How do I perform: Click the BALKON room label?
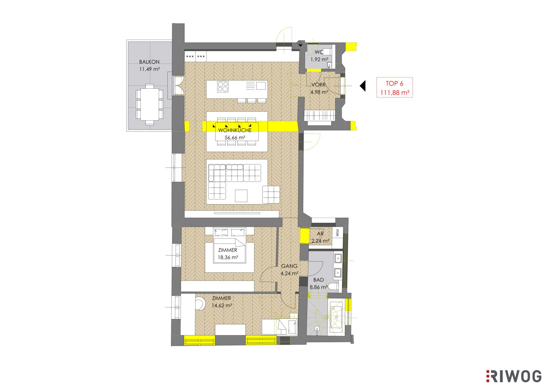click(x=149, y=62)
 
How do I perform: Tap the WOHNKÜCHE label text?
click(x=235, y=130)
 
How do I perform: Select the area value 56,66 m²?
click(x=235, y=138)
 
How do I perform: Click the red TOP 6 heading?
click(x=394, y=83)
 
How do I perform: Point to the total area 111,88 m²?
click(x=395, y=93)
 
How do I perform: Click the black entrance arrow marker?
click(x=363, y=86)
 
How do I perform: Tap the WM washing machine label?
click(x=338, y=233)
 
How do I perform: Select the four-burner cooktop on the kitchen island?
click(x=223, y=86)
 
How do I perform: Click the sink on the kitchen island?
click(x=261, y=86)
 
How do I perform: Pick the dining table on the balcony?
click(x=150, y=104)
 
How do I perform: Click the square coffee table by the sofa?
click(x=241, y=196)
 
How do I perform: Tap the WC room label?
click(x=319, y=52)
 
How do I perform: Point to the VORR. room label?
click(x=319, y=85)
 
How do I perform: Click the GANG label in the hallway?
click(x=289, y=266)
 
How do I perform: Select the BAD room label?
click(x=318, y=280)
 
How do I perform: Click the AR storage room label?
click(x=320, y=233)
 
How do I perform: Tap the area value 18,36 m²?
click(x=228, y=257)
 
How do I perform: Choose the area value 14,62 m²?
click(x=222, y=306)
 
